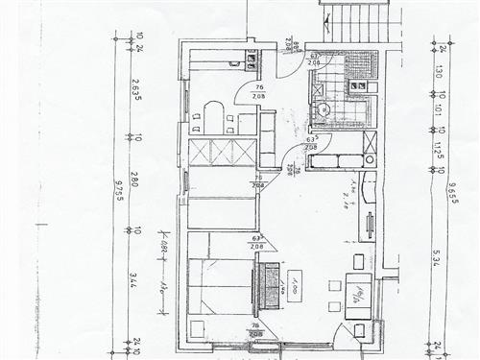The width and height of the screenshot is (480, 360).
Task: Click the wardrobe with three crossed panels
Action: pos(223,153)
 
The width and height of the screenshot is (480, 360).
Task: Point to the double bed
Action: pos(222,286)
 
